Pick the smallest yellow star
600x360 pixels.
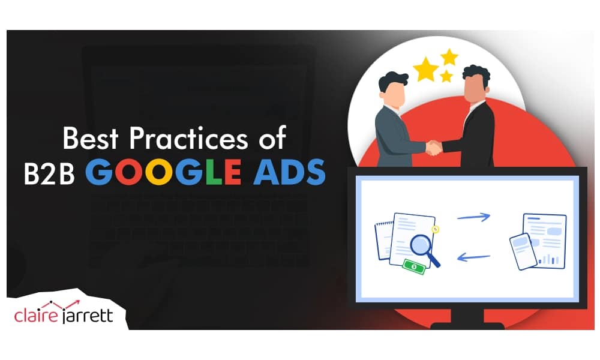click(x=446, y=76)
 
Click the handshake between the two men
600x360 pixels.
click(x=433, y=146)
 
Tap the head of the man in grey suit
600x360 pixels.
click(x=393, y=88)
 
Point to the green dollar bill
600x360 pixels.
click(x=414, y=266)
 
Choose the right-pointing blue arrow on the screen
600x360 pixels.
click(x=473, y=217)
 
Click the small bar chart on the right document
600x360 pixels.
click(x=549, y=259)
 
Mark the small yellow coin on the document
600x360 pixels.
click(x=435, y=229)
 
